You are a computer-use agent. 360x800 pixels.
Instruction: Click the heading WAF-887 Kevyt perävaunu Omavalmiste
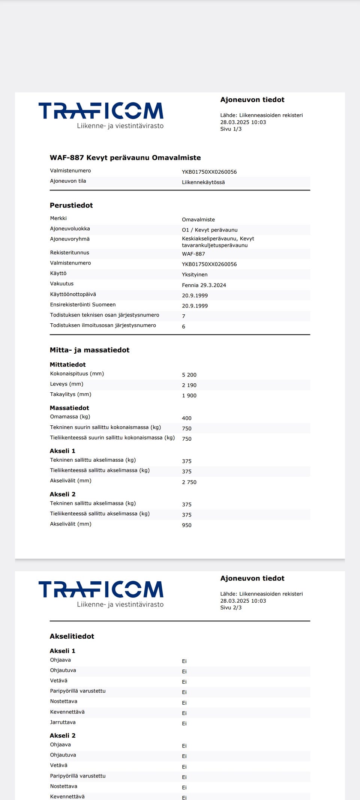(125, 158)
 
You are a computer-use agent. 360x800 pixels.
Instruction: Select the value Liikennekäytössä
(203, 182)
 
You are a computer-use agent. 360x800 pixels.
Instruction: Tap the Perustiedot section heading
(71, 206)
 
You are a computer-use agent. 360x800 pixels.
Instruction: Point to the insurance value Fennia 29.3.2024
(204, 285)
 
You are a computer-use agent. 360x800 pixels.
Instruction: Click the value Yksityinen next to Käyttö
(195, 275)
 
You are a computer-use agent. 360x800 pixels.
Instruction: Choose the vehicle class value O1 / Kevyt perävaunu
(210, 230)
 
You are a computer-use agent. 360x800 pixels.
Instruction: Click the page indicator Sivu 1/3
(231, 129)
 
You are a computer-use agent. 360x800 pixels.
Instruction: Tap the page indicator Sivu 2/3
(231, 608)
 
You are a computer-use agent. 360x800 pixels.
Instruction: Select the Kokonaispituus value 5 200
(189, 375)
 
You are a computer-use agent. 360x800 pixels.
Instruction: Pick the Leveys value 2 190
(189, 386)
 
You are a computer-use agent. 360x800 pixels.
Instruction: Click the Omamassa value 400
(187, 419)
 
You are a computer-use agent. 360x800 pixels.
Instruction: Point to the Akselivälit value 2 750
(189, 482)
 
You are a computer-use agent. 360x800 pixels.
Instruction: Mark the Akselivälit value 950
(187, 525)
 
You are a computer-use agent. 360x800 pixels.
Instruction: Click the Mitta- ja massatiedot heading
(90, 350)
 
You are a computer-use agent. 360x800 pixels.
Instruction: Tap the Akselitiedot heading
(72, 636)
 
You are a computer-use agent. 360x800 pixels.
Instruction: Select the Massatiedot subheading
(69, 408)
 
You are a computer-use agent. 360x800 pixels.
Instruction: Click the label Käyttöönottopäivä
(73, 294)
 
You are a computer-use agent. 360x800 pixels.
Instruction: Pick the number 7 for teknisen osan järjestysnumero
(184, 317)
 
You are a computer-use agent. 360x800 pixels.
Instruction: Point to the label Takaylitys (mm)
(70, 395)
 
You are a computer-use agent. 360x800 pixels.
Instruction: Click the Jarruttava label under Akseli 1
(63, 722)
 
